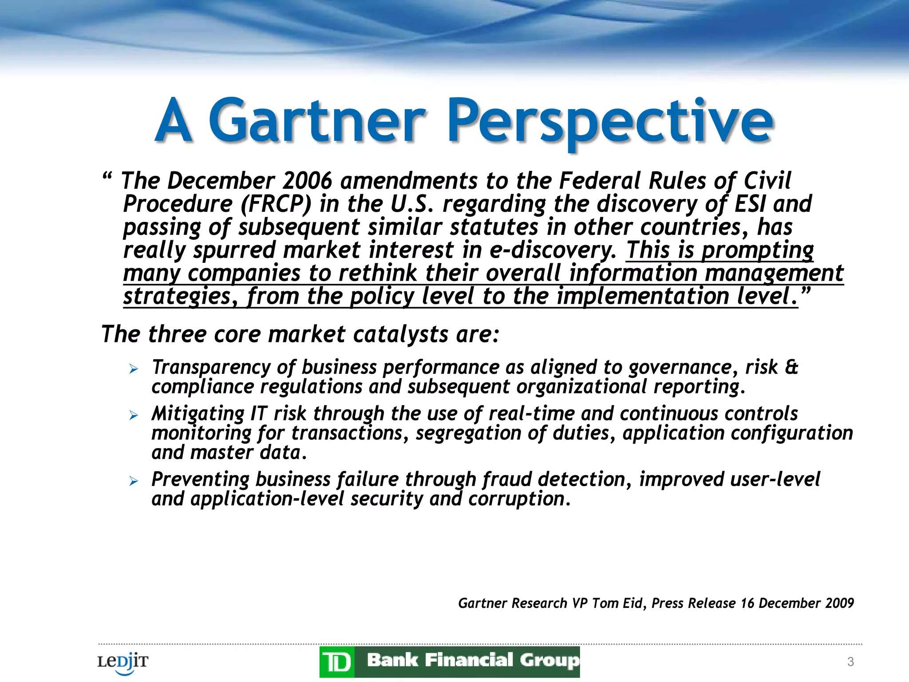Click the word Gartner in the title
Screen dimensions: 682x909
(317, 121)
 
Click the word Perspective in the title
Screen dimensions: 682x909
(610, 121)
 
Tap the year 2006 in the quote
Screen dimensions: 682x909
(307, 181)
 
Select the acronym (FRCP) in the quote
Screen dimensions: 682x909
(276, 204)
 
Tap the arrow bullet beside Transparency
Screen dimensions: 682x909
(134, 369)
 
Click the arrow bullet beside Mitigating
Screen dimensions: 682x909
(134, 415)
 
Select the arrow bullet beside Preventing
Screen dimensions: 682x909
(134, 481)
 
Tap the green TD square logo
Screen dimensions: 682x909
(337, 662)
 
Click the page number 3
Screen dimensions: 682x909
(850, 662)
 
